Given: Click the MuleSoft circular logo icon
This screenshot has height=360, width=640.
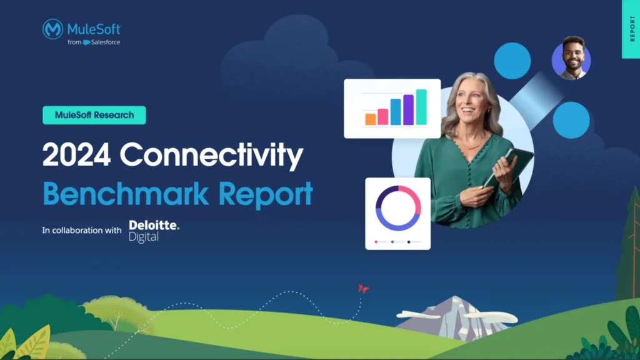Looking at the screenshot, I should [52, 29].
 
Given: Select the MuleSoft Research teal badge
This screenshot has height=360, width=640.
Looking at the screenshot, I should [94, 115].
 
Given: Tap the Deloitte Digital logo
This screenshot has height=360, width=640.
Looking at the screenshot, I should [154, 230].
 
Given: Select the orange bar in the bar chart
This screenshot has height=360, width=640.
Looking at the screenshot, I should [371, 119].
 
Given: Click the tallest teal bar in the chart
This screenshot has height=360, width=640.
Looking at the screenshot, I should [421, 107].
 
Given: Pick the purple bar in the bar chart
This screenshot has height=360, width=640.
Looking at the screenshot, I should [409, 110].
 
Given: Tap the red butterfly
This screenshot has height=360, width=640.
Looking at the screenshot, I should [363, 288].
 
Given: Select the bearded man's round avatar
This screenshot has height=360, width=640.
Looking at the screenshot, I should [571, 61].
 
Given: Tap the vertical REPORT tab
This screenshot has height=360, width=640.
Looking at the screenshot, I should [631, 29].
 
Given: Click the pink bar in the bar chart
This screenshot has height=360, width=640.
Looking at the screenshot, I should [383, 116].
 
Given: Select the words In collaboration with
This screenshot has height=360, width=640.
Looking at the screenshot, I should [82, 231].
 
